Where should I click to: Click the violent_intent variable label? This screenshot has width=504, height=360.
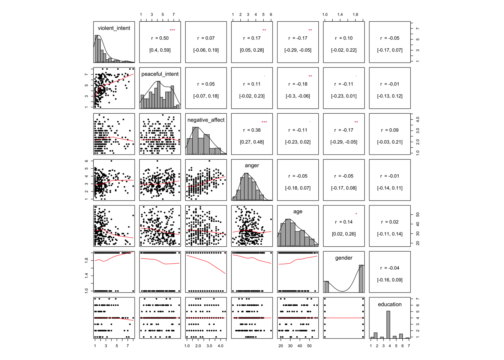[x=114, y=28]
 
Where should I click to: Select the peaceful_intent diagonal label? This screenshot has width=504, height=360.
[x=160, y=74]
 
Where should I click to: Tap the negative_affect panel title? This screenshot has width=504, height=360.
[x=206, y=120]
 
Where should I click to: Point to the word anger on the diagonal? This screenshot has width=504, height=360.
[x=252, y=165]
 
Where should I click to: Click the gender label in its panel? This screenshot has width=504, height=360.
[x=344, y=258]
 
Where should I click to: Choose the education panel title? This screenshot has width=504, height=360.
[x=390, y=304]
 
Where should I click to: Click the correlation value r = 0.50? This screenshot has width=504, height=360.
[x=160, y=38]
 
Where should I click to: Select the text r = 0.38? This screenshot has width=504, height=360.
[x=252, y=130]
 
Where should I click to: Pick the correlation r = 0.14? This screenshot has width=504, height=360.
[x=344, y=222]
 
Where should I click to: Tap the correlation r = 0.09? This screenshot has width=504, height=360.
[x=390, y=130]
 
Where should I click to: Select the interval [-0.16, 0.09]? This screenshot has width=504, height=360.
[x=390, y=280]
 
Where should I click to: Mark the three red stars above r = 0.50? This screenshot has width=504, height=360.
[x=172, y=30]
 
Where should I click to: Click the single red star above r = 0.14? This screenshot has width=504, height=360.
[x=356, y=214]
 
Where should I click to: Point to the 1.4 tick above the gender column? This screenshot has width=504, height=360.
[x=340, y=15]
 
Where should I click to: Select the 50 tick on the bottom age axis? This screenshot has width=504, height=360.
[x=309, y=346]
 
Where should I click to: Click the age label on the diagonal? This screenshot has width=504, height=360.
[x=298, y=212]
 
